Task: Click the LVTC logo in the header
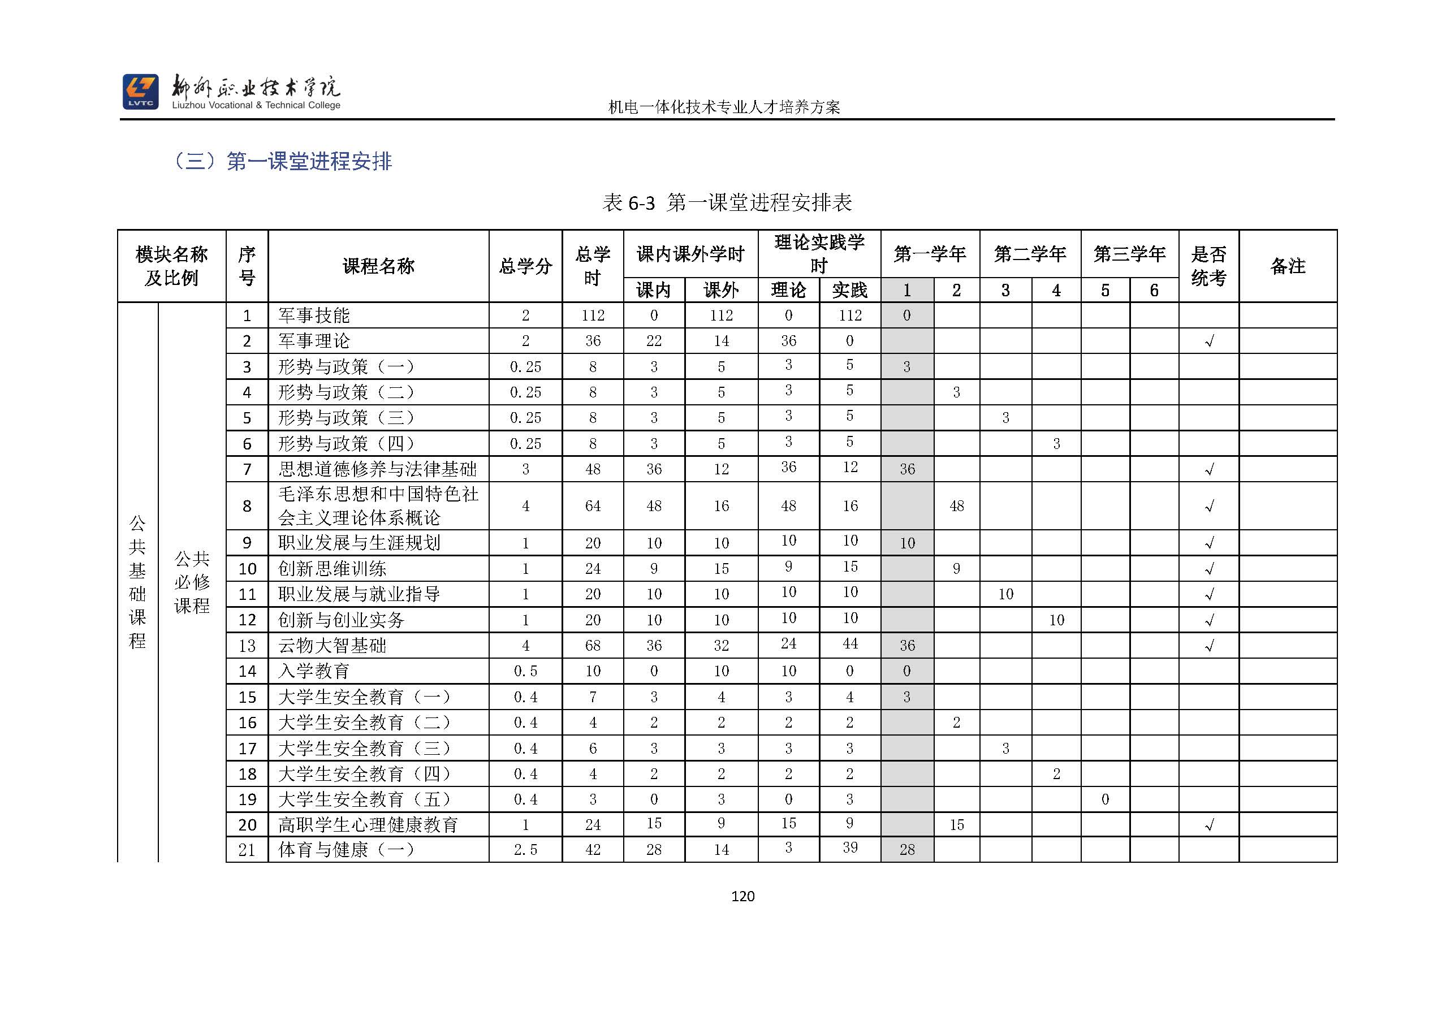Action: pos(140,91)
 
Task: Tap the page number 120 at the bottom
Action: pos(742,896)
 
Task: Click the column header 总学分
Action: pos(525,266)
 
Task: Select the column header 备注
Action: pos(1288,266)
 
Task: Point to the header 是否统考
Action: pos(1208,266)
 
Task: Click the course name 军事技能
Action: pos(314,315)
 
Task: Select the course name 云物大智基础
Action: pos(332,646)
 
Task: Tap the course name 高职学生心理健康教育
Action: pos(368,825)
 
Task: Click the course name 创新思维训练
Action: pos(332,569)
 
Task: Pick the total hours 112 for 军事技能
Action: pos(593,315)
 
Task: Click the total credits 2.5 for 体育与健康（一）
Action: pos(525,850)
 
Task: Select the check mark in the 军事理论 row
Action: pos(1208,341)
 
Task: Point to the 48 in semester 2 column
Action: pos(956,506)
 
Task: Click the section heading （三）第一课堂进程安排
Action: pos(283,162)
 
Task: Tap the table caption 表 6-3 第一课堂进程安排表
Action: pos(727,203)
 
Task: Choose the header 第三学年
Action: pos(1129,254)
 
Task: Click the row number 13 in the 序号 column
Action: pos(247,646)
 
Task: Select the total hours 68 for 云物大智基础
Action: pos(593,646)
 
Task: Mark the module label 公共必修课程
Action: pos(192,582)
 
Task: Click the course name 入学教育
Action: pos(314,671)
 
